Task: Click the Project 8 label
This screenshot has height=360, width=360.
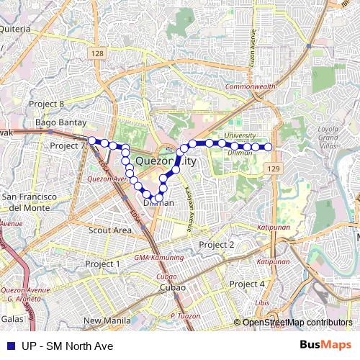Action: pos(46,104)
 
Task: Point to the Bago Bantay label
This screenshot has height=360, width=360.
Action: pos(60,122)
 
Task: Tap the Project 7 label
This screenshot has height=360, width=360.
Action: pos(68,145)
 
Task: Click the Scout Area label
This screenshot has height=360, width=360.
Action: pos(110,230)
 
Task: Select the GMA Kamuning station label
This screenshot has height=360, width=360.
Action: pos(158,257)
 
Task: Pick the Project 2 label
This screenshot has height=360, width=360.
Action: pos(217,245)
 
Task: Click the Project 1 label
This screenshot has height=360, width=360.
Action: pos(103,264)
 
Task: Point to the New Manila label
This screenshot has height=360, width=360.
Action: pos(107,320)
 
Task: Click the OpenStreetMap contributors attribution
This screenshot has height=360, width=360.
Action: pos(297,323)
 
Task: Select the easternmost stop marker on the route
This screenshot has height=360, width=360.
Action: pos(269,147)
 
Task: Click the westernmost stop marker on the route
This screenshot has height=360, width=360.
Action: pos(92,140)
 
